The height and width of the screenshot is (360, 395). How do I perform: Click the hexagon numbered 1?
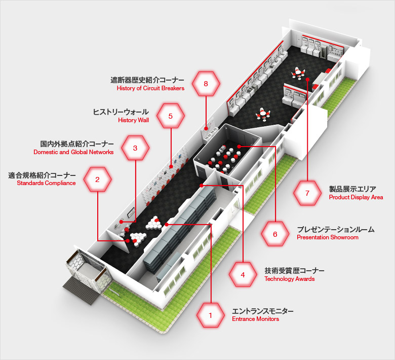[x=210, y=315]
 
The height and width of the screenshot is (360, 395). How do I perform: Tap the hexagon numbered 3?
[x=135, y=148]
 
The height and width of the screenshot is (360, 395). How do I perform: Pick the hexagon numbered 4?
[x=243, y=275]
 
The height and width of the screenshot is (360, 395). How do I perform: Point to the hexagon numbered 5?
[x=171, y=116]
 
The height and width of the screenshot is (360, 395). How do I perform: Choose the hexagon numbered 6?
[x=275, y=234]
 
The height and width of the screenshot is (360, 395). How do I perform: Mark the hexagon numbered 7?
[x=307, y=193]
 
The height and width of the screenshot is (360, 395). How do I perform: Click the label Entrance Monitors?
[x=255, y=319]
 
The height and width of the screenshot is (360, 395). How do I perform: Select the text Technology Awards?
[x=289, y=279]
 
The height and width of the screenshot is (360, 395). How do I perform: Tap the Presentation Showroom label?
[x=327, y=237]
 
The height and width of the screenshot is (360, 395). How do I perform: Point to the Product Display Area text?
[x=355, y=197]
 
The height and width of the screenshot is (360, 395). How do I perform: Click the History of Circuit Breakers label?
[x=150, y=88]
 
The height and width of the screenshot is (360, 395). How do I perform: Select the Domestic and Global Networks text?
[x=73, y=152]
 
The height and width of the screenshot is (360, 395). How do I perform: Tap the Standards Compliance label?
[x=46, y=183]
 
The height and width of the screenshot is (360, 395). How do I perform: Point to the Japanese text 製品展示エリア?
[x=352, y=189]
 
